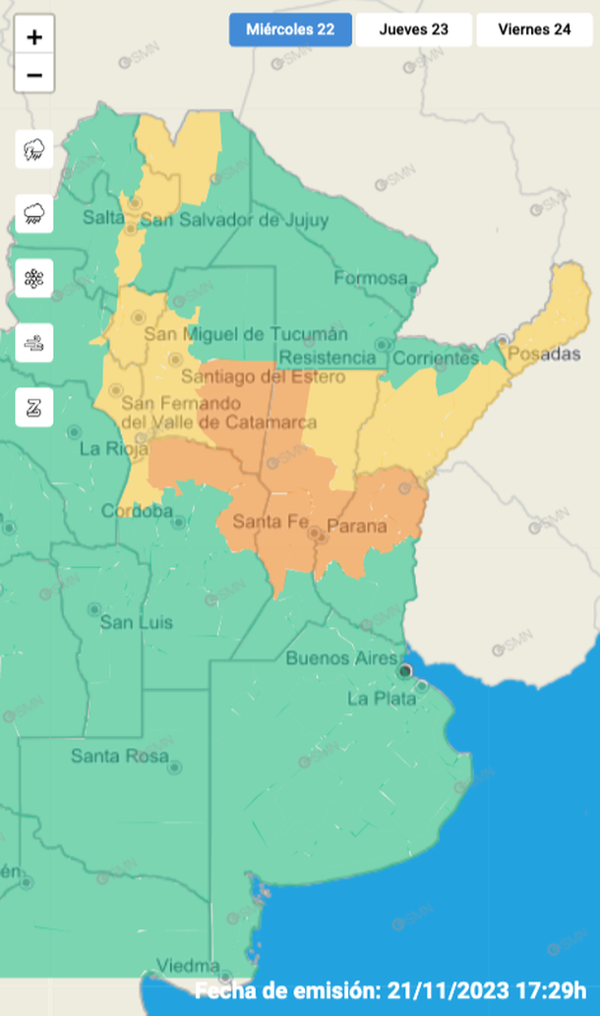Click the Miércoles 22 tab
pos(290,29)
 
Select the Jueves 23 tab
pos(413,29)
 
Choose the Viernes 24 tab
pos(534,29)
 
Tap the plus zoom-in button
pos(34,38)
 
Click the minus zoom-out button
pos(34,75)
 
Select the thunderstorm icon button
pos(34,149)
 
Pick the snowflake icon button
pos(34,278)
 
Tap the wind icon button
pos(34,343)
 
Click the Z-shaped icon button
pos(34,408)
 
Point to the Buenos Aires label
pos(341,658)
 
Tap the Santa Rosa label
pos(112,757)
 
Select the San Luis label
pos(137,623)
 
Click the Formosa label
pos(370,278)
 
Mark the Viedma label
pos(188,964)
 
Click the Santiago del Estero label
pos(262,376)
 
